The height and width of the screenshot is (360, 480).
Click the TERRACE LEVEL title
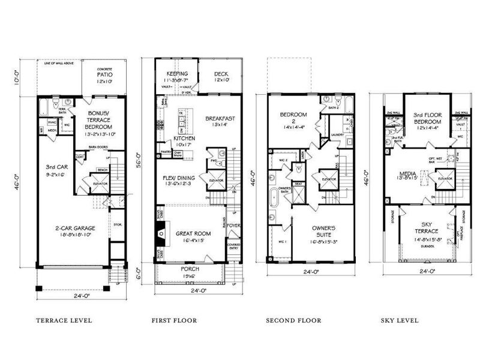pos(64,320)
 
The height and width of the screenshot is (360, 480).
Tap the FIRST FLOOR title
pos(173,320)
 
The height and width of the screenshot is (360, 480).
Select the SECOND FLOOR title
pos(293,320)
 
